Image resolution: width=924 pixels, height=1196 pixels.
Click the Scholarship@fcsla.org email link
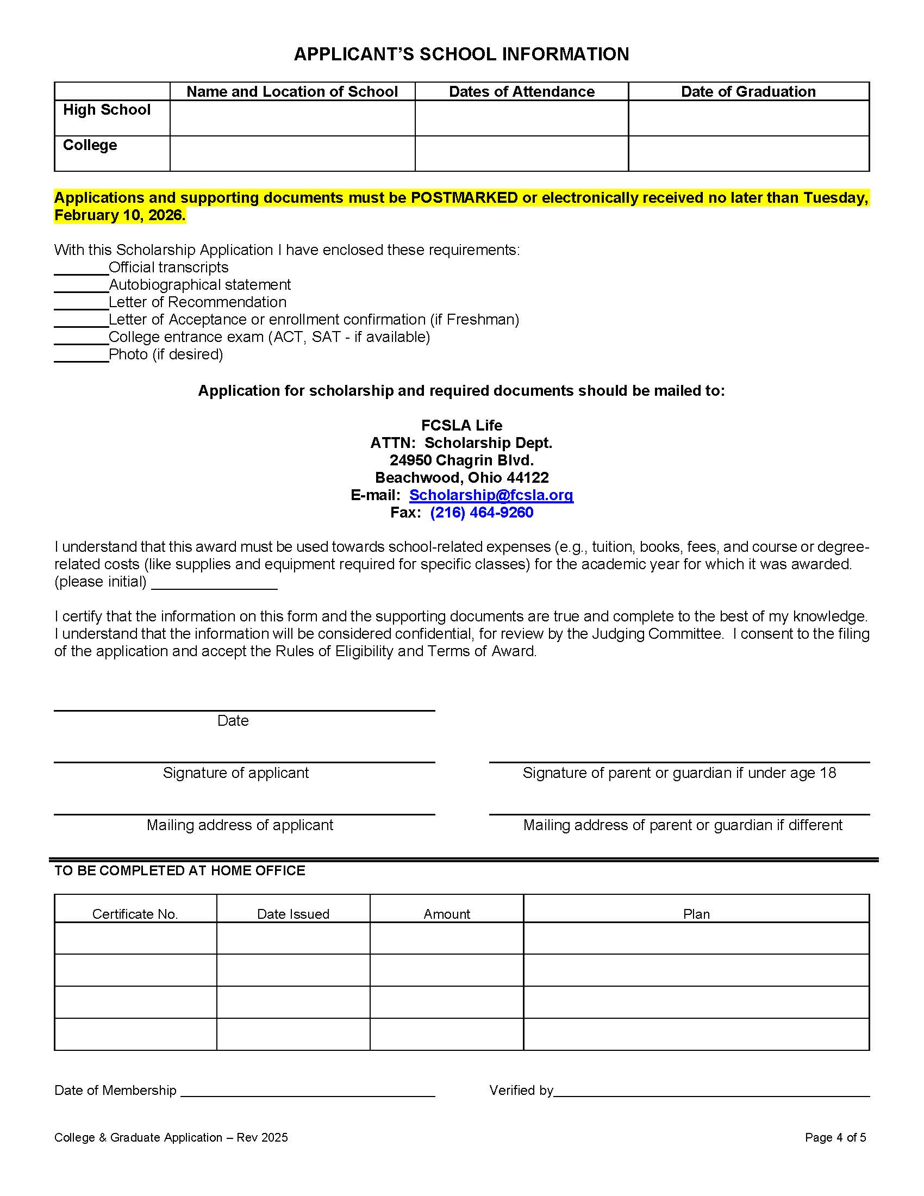coord(491,495)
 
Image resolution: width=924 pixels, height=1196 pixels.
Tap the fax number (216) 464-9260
coord(481,513)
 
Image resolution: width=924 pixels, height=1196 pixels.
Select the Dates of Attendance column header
coord(521,91)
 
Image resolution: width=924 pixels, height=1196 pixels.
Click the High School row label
coord(107,110)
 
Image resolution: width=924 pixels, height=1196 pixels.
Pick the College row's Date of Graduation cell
coord(748,153)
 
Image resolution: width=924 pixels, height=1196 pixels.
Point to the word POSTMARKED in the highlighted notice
coord(464,198)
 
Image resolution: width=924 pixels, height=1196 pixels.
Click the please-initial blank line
coord(214,584)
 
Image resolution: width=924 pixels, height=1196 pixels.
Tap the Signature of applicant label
coord(235,773)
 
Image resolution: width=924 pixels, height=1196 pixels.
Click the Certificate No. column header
coord(135,914)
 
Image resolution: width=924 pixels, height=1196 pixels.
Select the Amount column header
coord(447,914)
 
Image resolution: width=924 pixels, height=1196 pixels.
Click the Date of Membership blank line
coord(307,1092)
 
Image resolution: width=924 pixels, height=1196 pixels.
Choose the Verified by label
coord(521,1091)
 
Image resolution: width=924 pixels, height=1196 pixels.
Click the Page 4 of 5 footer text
coord(835,1137)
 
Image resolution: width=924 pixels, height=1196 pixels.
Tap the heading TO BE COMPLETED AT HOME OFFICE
coord(179,871)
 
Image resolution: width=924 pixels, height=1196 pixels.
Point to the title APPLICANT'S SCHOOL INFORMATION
coord(461,54)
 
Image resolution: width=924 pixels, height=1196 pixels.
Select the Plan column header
coord(696,914)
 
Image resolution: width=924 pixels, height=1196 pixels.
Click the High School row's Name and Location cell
coord(292,119)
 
